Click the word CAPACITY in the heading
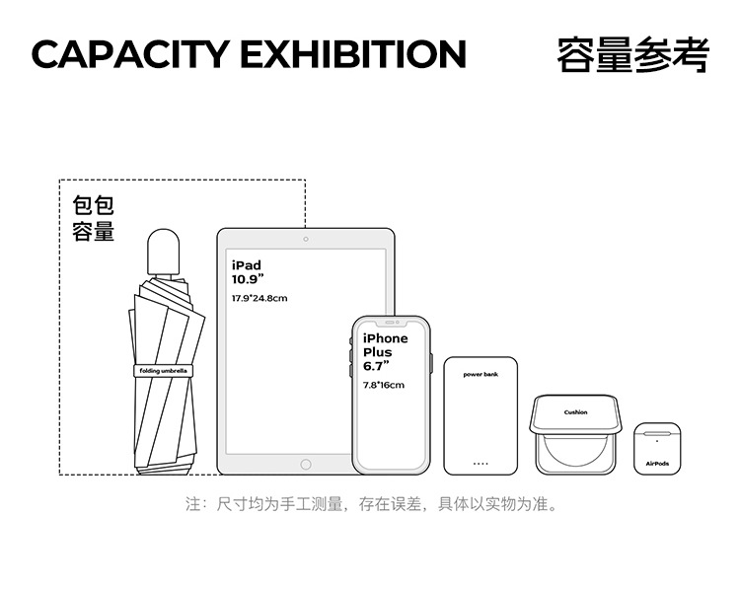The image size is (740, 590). [x=129, y=54]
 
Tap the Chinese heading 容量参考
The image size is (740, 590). [x=632, y=54]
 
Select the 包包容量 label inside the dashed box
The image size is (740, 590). [x=94, y=219]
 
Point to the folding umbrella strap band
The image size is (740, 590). [x=164, y=371]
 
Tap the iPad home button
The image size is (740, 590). [x=306, y=464]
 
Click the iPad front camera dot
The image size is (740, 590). [x=306, y=239]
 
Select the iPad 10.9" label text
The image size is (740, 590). [x=248, y=271]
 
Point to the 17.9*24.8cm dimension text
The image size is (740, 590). [x=259, y=298]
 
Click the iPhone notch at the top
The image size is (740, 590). [x=392, y=323]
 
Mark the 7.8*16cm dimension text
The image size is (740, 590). [x=384, y=385]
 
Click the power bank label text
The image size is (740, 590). [x=481, y=375]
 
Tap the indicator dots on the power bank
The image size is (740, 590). [x=481, y=463]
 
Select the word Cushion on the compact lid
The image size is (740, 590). [x=575, y=412]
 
